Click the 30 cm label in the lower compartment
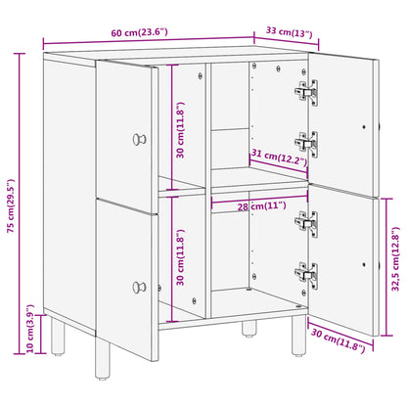178,259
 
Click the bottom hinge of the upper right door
305,144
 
